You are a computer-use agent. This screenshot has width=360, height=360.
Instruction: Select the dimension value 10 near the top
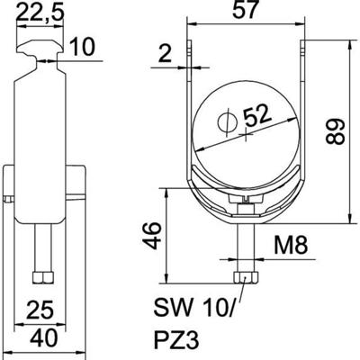click(80, 47)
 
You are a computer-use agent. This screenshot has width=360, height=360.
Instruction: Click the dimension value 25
click(38, 311)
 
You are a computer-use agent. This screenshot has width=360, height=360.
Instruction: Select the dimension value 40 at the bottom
click(38, 338)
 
